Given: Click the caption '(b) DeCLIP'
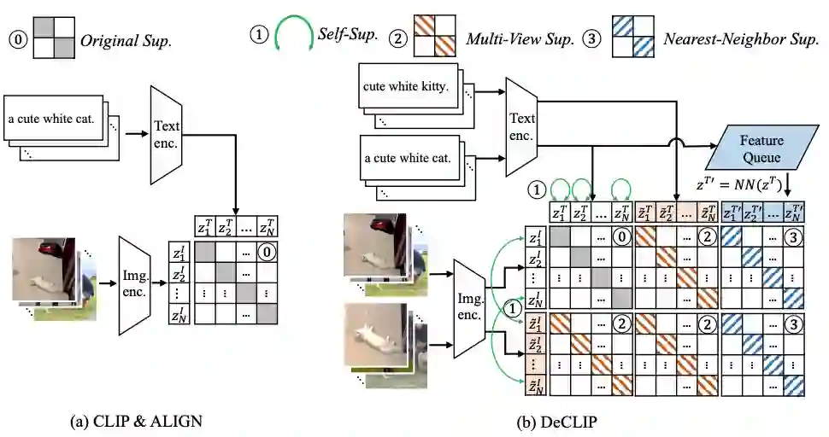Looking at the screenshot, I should tap(557, 421).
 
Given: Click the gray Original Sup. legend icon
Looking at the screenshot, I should tap(54, 38).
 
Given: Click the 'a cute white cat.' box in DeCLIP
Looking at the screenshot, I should tap(408, 159).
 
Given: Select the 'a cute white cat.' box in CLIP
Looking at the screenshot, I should tap(57, 120).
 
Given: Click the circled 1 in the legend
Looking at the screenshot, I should tap(259, 37).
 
